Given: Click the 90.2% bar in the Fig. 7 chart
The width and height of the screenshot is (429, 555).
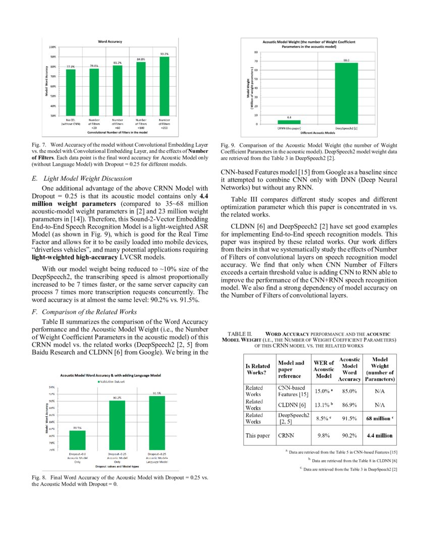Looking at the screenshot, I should (165, 86).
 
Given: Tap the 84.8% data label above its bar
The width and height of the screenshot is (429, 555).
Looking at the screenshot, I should (141, 59).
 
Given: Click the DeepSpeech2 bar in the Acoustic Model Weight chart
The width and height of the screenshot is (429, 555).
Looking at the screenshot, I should (346, 93).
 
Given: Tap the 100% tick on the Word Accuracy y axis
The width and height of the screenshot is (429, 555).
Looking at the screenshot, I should (52, 47).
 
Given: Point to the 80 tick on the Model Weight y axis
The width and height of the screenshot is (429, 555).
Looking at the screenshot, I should (256, 52).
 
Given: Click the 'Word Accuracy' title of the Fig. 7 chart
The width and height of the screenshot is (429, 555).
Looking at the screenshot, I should (110, 41).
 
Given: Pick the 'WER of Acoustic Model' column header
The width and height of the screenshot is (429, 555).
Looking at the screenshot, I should (324, 369).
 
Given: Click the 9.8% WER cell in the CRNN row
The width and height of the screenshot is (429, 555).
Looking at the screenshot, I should (324, 435).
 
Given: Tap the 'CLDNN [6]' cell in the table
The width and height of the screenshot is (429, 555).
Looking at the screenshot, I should (292, 405).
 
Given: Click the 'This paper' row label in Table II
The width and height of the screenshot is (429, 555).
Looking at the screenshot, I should (257, 435).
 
